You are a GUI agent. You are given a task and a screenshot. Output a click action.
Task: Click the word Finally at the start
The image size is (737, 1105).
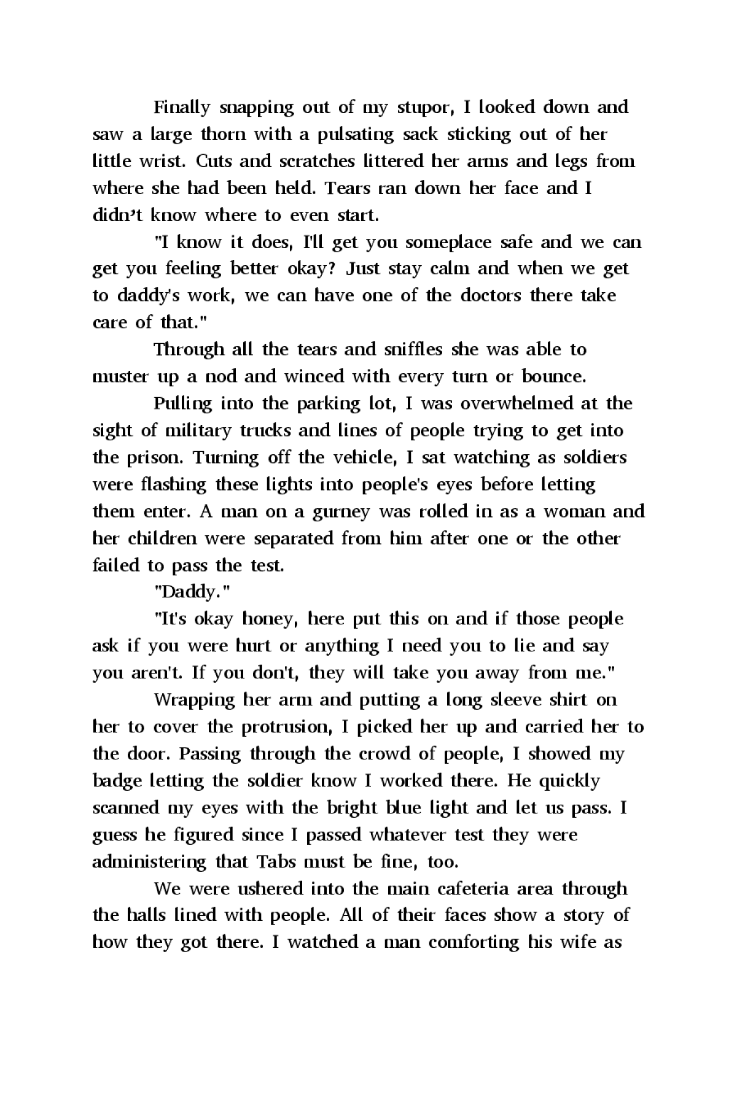(182, 107)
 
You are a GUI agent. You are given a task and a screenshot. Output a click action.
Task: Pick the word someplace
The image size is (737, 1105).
(448, 243)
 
